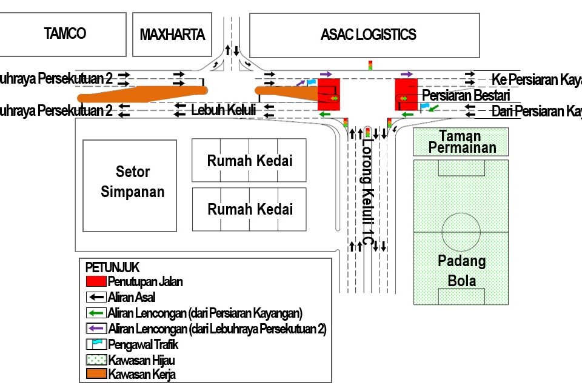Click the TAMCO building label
coord(65,33)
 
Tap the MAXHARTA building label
coord(172,34)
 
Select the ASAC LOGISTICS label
coord(368,34)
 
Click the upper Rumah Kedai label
coord(250,161)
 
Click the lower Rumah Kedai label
coord(250,209)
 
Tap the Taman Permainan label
coord(460,142)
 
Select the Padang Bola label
coord(461,270)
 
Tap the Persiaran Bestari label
coord(466,95)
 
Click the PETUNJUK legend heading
coord(113,267)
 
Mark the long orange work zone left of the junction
coord(142,94)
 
